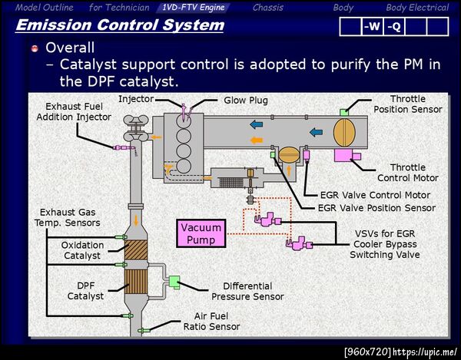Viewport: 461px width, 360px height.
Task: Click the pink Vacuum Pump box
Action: [x=200, y=233]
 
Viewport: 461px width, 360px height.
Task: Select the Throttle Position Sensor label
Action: [x=407, y=104]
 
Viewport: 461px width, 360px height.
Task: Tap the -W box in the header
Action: [x=372, y=27]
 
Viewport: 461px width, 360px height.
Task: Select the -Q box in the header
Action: [x=393, y=27]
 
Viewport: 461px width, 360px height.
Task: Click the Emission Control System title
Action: [x=120, y=25]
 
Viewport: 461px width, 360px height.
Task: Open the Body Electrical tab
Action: [x=416, y=8]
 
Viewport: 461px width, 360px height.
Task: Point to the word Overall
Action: [x=70, y=47]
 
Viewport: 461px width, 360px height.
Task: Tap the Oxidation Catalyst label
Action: [x=81, y=250]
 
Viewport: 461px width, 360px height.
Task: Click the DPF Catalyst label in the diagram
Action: [x=85, y=290]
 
